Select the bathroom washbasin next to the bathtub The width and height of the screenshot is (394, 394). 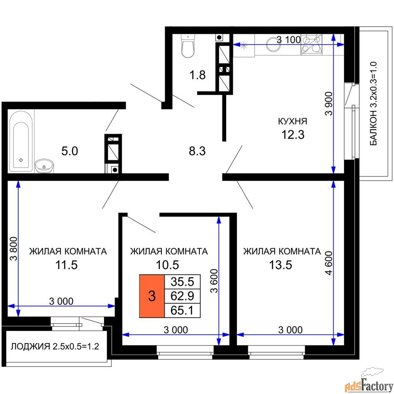pyautogui.click(x=44, y=166)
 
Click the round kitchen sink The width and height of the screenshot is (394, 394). pyautogui.click(x=273, y=44)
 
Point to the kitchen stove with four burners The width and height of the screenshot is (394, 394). pyautogui.click(x=311, y=44)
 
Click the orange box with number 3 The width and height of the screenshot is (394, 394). pyautogui.click(x=151, y=296)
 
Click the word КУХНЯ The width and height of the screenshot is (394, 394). pyautogui.click(x=292, y=121)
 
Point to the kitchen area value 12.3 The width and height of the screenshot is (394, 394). pyautogui.click(x=292, y=135)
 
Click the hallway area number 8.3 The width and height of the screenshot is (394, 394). pyautogui.click(x=196, y=151)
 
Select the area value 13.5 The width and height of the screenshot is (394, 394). pyautogui.click(x=280, y=265)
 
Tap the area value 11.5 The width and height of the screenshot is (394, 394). pyautogui.click(x=66, y=265)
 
